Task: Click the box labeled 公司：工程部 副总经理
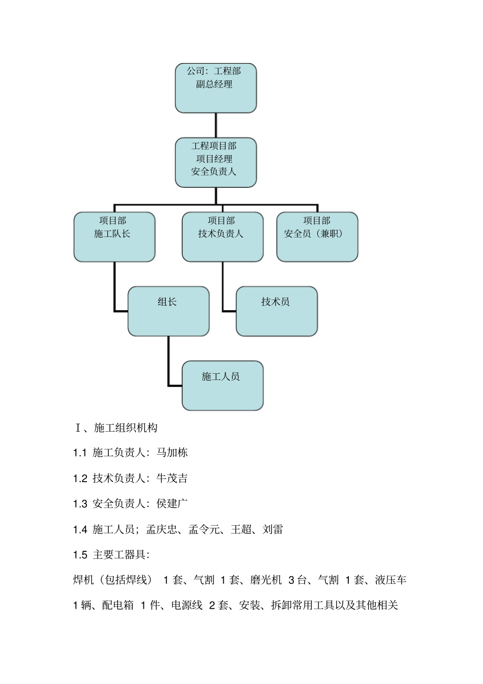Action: (216, 88)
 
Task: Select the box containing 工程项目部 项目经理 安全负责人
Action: (216, 162)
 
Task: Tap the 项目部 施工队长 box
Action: (114, 237)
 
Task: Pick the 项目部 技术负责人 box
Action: (223, 237)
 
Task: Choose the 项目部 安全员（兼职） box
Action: (317, 237)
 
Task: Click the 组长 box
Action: (168, 311)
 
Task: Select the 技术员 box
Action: (277, 311)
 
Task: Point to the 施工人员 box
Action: (223, 385)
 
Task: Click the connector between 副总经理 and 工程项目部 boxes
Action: (216, 125)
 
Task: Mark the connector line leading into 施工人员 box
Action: (169, 366)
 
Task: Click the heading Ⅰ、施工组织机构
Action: (116, 428)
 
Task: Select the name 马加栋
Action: (172, 453)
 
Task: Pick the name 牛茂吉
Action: (172, 478)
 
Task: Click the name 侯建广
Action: (172, 503)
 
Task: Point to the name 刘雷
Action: (273, 529)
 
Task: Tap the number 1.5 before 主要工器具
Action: (80, 555)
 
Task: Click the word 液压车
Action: (391, 580)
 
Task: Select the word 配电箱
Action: (117, 605)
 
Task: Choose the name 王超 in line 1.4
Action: (241, 529)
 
